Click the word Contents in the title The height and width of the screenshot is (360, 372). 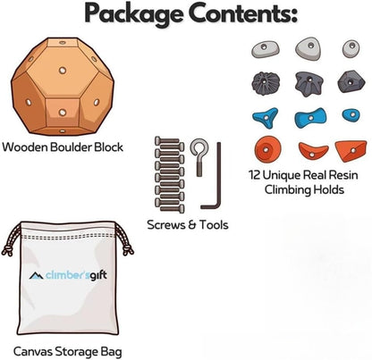tap(243, 13)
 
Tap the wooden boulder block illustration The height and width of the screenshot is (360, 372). tap(63, 87)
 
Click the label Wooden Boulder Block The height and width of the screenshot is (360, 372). tap(63, 147)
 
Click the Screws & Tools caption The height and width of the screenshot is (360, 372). tap(188, 224)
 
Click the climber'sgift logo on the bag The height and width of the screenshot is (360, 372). tap(68, 275)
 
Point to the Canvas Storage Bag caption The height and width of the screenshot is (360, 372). tap(68, 352)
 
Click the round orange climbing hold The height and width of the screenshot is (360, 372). tap(267, 148)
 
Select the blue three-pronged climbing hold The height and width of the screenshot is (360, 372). tap(266, 118)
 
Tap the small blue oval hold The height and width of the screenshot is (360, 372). tap(351, 115)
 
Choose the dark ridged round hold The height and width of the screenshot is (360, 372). tap(266, 82)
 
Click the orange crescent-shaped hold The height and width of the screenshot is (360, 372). tap(313, 150)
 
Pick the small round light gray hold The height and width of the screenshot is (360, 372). tap(351, 49)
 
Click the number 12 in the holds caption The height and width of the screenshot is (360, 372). tap(255, 175)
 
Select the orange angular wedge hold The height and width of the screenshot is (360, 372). tap(351, 151)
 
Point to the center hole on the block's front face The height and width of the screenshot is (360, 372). tap(63, 71)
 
